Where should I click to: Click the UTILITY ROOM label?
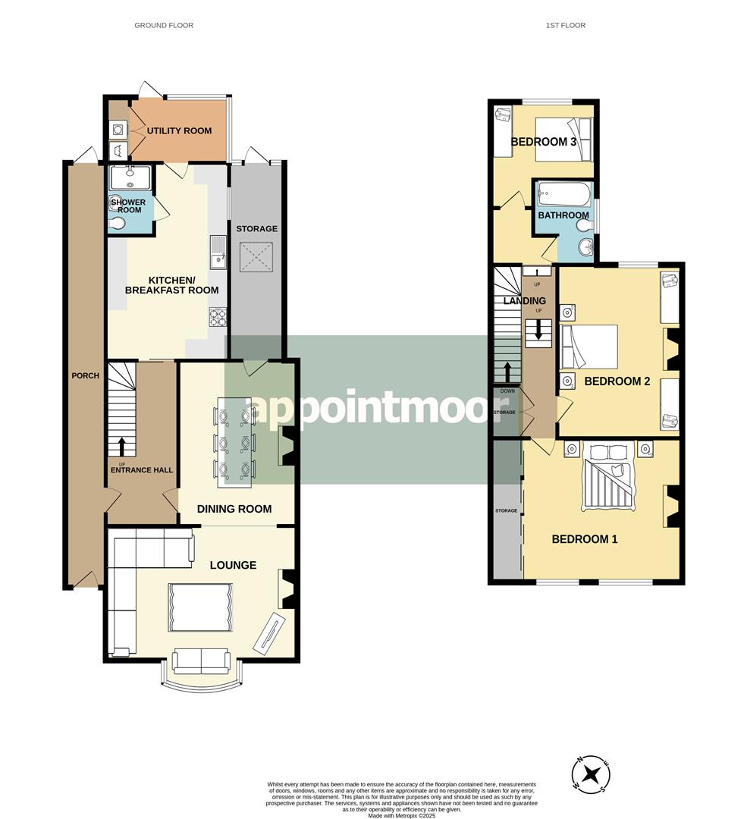pos(179,130)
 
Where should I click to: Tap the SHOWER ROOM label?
pos(128,206)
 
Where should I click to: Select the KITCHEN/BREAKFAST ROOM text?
pos(172,285)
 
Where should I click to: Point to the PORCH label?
pos(85,375)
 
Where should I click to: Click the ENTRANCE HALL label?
pos(142,470)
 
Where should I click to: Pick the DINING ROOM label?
pos(234,509)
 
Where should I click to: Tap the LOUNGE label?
pos(233,565)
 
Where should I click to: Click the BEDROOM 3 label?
pos(543,142)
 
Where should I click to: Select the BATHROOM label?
pos(563,215)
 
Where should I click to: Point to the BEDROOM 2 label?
pos(617,381)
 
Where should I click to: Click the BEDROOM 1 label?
pos(585,539)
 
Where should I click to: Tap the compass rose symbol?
pos(591,773)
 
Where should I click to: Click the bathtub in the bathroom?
pos(564,194)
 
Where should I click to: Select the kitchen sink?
pos(218,253)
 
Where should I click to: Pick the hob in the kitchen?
pos(218,317)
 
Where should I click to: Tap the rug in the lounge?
pos(200,607)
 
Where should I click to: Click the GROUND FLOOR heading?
pos(164,25)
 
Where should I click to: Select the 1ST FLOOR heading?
pos(566,25)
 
